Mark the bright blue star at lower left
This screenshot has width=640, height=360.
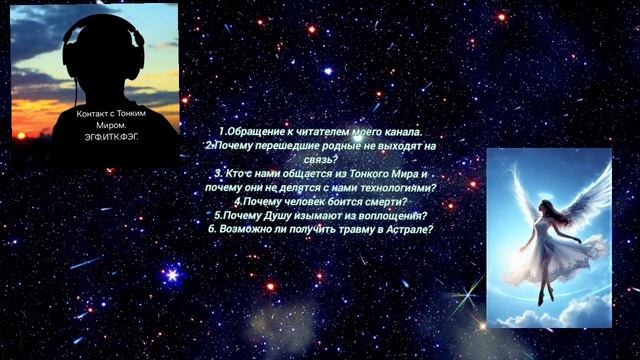click(x=171, y=273)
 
